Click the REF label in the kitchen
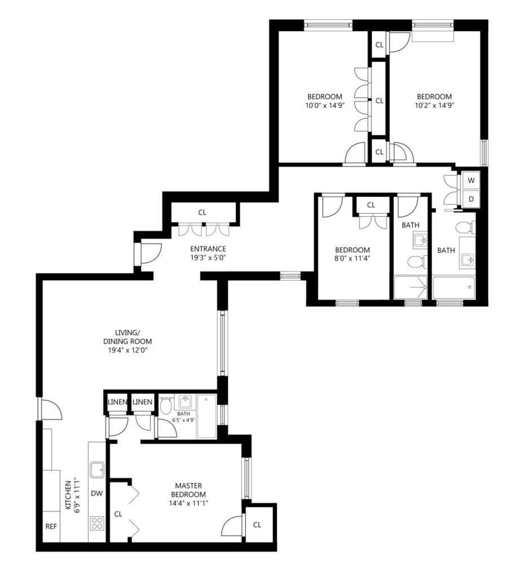pyautogui.click(x=51, y=527)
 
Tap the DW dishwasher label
pyautogui.click(x=97, y=493)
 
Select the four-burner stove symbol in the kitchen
pyautogui.click(x=97, y=523)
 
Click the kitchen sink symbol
pyautogui.click(x=97, y=470)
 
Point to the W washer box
pyautogui.click(x=471, y=181)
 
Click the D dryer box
pyautogui.click(x=471, y=199)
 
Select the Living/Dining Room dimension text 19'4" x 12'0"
pyautogui.click(x=128, y=350)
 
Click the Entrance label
pyautogui.click(x=208, y=249)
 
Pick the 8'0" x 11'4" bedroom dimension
pyautogui.click(x=352, y=259)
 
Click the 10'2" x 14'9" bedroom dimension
pyautogui.click(x=434, y=105)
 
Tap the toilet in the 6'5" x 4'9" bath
pyautogui.click(x=166, y=406)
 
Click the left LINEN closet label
pyautogui.click(x=117, y=402)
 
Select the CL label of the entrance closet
pyautogui.click(x=202, y=212)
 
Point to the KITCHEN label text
pyautogui.click(x=68, y=495)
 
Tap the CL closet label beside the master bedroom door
pyautogui.click(x=257, y=524)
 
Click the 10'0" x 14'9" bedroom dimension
pyautogui.click(x=325, y=105)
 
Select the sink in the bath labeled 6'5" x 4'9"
pyautogui.click(x=185, y=401)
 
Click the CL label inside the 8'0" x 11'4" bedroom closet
pyautogui.click(x=371, y=205)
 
